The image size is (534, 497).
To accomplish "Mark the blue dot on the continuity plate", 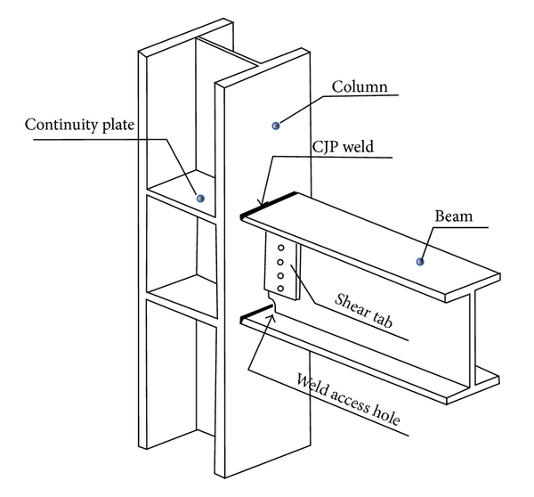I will [x=200, y=198].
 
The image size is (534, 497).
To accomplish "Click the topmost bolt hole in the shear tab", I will [x=281, y=248].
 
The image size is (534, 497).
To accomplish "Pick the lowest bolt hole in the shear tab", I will [x=281, y=288].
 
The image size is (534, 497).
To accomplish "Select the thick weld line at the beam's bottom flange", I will [x=257, y=311].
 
